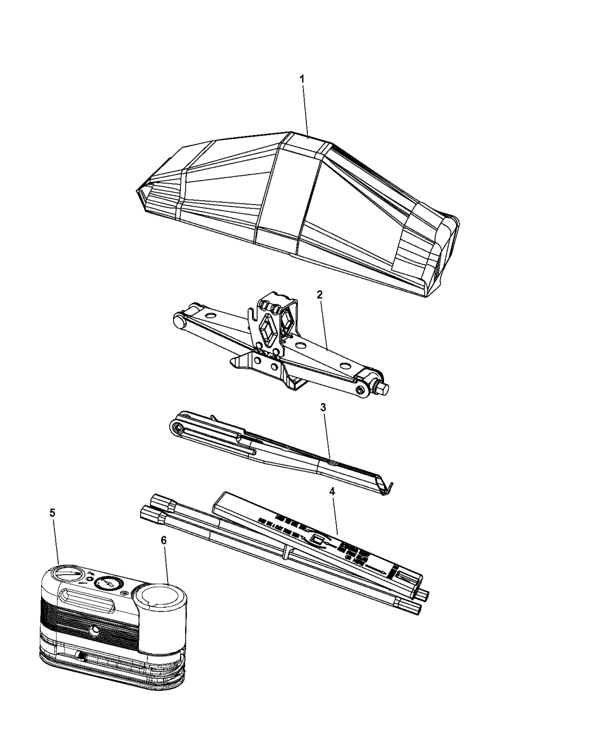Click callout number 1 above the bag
click(302, 78)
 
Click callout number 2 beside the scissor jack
click(320, 295)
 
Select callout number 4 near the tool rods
click(333, 491)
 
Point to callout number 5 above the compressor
click(53, 513)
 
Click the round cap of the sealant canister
click(159, 595)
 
